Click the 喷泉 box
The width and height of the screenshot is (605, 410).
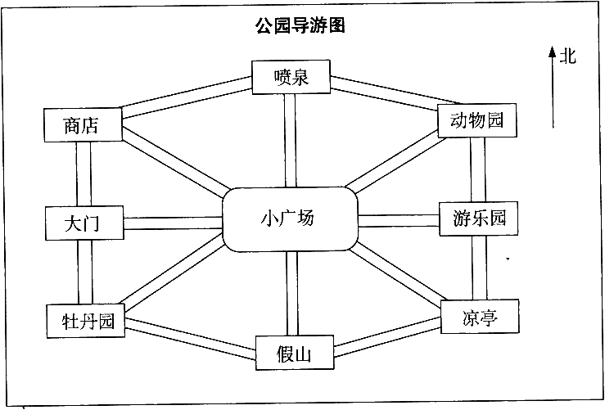pos(291,77)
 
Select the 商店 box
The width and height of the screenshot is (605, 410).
pos(83,125)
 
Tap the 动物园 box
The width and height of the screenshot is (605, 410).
pos(477,120)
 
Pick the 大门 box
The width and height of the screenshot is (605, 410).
pos(84,223)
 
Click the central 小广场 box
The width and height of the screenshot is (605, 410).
pos(290,219)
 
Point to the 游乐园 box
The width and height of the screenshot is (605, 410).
pos(478,219)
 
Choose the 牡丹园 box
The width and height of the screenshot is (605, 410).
pos(86,321)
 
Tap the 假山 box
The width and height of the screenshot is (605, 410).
pos(295,353)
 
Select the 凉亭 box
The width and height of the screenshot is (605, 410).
pos(480,316)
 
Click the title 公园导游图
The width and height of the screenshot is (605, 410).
pos(300,26)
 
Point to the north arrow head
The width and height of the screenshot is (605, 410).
pos(552,52)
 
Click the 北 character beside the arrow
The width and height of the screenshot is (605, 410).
pos(567,56)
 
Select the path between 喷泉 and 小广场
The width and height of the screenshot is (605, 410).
pos(290,141)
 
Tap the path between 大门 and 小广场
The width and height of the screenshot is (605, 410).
pos(173,223)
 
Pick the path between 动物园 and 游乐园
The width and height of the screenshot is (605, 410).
pos(477,169)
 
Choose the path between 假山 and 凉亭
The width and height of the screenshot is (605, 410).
pos(387,336)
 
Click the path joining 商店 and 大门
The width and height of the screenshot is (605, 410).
pos(84,174)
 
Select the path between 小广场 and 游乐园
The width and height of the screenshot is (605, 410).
pos(399,221)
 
